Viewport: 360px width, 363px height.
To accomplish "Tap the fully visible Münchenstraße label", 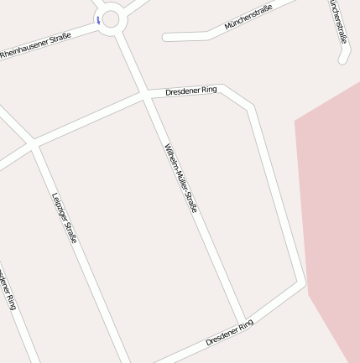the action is (x=248, y=18).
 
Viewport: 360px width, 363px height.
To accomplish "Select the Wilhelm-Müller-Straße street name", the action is (x=180, y=177).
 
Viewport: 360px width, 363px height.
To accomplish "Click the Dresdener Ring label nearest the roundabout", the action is (x=191, y=90).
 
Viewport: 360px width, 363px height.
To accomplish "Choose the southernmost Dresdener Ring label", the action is (x=229, y=333).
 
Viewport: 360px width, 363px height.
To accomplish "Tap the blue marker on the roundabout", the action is (x=98, y=19).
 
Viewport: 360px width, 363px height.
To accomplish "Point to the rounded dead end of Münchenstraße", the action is (x=166, y=37).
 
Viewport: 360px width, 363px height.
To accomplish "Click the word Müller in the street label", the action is (x=179, y=174).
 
